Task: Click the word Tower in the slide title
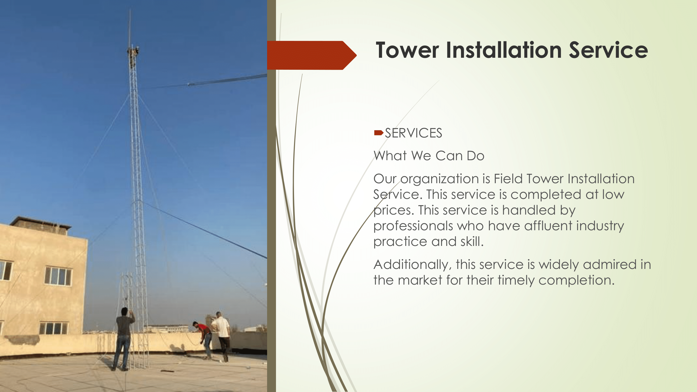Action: (x=407, y=50)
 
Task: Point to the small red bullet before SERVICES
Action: (x=378, y=132)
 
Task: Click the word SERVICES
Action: (x=413, y=133)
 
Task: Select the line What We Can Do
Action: (x=429, y=156)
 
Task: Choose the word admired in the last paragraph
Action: (x=610, y=264)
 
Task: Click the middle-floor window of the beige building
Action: (x=58, y=276)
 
